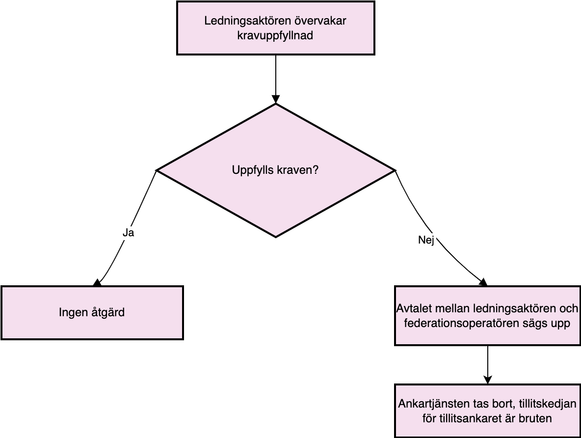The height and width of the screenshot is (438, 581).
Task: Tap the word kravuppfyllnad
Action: tap(275, 36)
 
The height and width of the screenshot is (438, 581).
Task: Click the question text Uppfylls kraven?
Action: tap(275, 170)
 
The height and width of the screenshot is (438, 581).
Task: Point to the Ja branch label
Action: tap(128, 233)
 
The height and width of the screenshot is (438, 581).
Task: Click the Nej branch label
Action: tap(426, 240)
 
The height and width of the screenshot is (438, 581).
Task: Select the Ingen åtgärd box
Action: tap(92, 313)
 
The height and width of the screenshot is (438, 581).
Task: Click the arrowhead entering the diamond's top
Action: tap(276, 99)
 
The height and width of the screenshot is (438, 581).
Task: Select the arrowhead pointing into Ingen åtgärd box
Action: tap(97, 283)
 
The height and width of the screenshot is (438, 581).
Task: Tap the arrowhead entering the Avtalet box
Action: tap(483, 282)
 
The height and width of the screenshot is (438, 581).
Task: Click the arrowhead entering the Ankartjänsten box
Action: tap(488, 380)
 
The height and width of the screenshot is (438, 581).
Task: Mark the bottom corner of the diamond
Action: tap(276, 237)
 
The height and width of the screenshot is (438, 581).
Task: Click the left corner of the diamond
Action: tap(157, 170)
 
